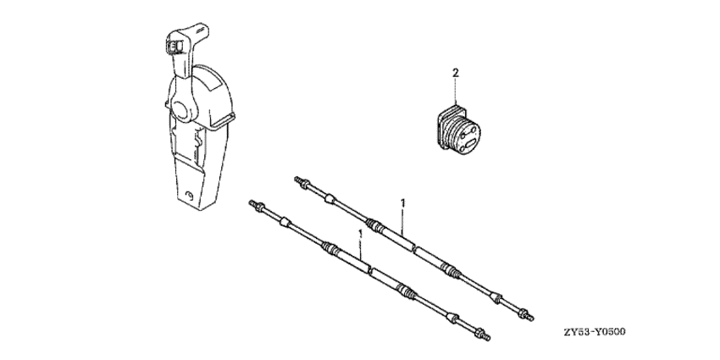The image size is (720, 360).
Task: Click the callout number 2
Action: pos(456,73)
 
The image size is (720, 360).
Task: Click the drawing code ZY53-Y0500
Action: pos(595,332)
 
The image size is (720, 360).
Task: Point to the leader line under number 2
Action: pos(456,91)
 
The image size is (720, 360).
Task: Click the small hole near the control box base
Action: pos(189,197)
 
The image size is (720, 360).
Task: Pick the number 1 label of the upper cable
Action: pos(402,202)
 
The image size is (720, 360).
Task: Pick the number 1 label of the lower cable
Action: pos(360,233)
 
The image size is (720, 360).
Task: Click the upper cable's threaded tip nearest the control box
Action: pos(300,180)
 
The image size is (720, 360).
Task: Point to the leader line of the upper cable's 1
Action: pos(402,223)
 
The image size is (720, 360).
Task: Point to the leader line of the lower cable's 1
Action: pos(360,252)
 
